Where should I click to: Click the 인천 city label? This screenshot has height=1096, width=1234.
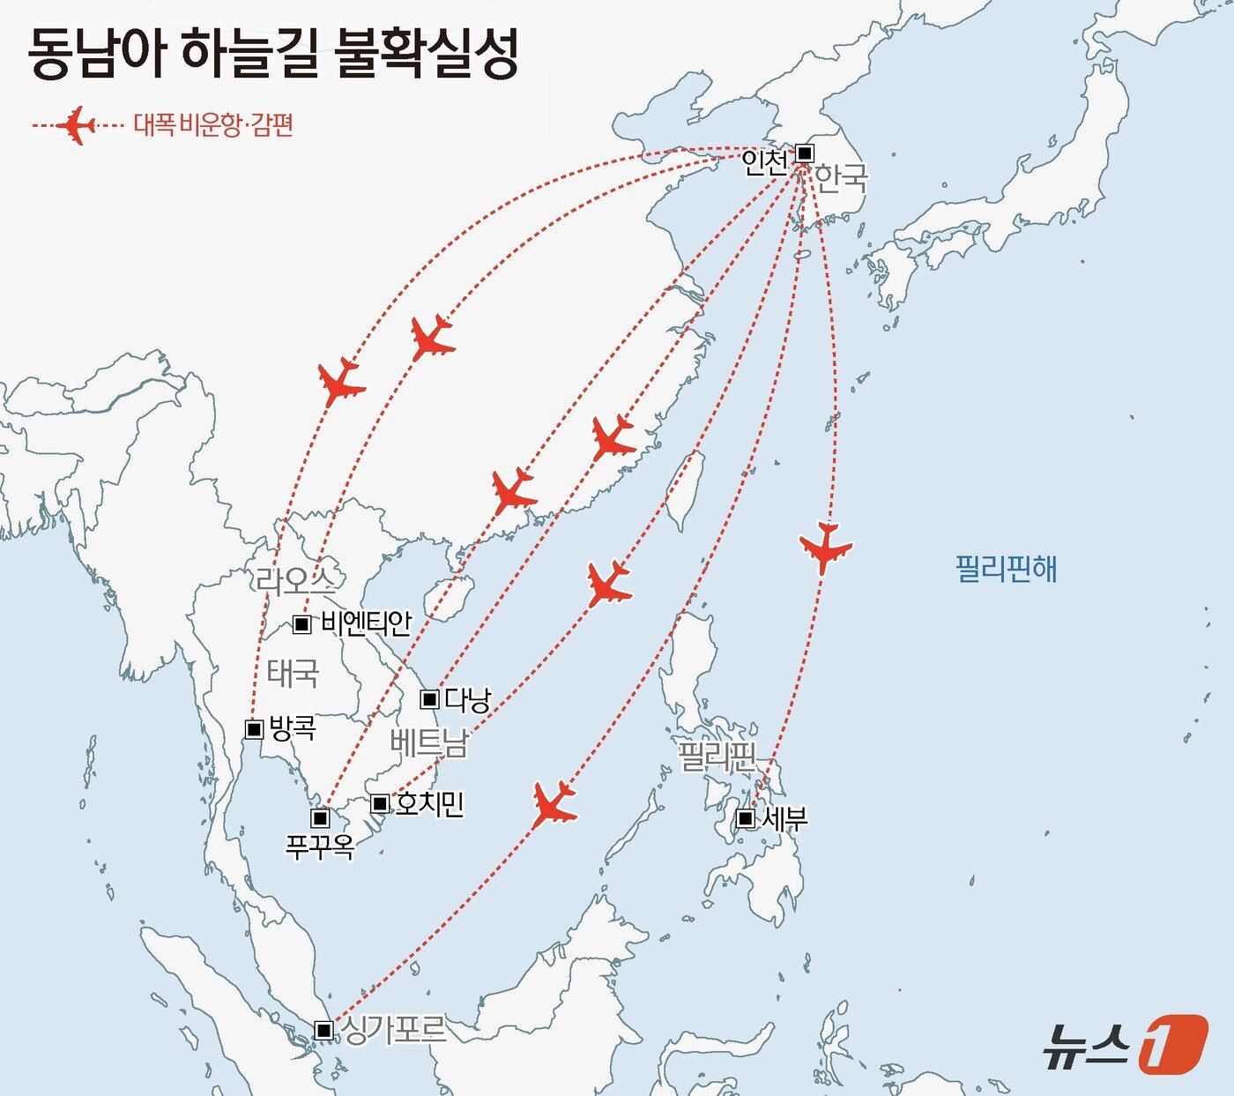click(x=763, y=161)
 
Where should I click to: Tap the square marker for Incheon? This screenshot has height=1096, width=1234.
click(x=805, y=153)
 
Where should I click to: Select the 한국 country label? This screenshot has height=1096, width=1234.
click(x=840, y=178)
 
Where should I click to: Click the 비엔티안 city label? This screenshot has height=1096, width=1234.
click(x=366, y=623)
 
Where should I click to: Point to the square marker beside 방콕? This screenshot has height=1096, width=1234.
click(x=254, y=729)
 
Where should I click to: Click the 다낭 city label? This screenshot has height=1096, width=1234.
click(x=467, y=700)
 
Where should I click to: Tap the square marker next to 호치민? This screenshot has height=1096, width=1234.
click(x=379, y=803)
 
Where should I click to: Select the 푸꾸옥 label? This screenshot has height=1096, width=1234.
click(x=320, y=846)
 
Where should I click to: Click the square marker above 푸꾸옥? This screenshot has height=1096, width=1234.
click(x=320, y=818)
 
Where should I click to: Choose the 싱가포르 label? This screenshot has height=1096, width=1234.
click(x=393, y=1030)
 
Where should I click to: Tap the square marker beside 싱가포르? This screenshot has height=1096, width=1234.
click(x=323, y=1030)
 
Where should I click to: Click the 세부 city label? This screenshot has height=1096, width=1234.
click(x=784, y=819)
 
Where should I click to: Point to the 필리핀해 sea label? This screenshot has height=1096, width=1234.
click(x=1006, y=569)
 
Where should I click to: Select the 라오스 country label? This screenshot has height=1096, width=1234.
click(x=295, y=580)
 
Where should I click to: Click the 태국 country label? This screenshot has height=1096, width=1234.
click(x=292, y=674)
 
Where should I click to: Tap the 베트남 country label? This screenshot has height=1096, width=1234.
click(x=428, y=743)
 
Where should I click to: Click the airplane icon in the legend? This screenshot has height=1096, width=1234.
click(x=77, y=125)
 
